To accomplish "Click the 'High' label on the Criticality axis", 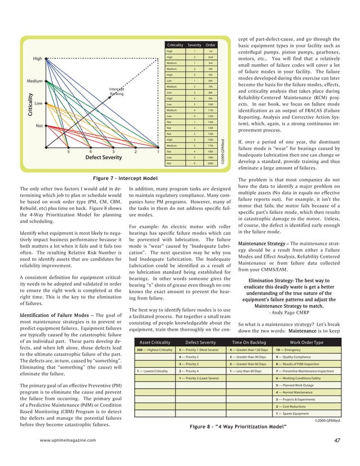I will (38, 59).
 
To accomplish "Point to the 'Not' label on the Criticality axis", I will (40, 126).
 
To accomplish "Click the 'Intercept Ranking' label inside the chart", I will (117, 91).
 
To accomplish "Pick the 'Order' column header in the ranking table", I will (210, 45).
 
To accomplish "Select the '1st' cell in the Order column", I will (210, 51).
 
